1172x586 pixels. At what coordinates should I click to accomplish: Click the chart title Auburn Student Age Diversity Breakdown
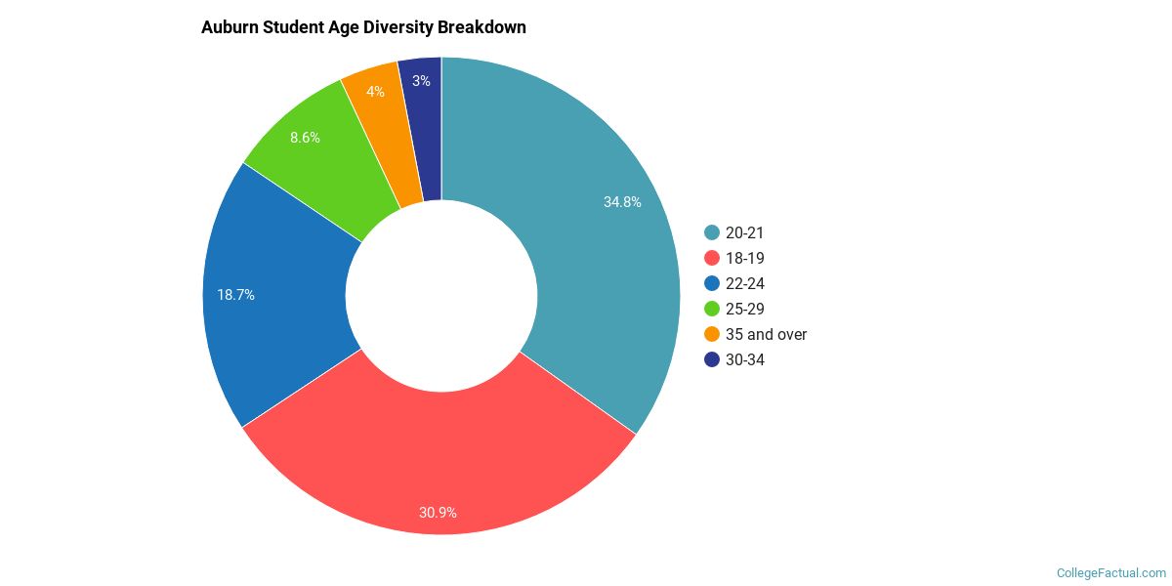[363, 27]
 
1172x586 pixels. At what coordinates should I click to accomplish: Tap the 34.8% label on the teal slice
[622, 202]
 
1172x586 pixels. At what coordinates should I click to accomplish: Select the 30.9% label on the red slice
[438, 512]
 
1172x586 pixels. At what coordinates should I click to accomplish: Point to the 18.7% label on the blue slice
[235, 294]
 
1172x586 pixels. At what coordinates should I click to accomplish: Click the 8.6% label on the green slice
[305, 138]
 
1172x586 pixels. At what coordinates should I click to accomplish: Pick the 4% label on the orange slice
[375, 92]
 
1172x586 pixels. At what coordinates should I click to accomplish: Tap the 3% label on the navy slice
[421, 81]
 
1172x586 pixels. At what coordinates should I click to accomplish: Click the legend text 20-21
[745, 232]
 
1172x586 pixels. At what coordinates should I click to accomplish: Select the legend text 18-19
[745, 258]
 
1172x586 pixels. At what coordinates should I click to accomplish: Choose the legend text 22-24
[745, 283]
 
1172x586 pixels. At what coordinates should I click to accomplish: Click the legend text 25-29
[745, 309]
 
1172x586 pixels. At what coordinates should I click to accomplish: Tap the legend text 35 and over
[767, 334]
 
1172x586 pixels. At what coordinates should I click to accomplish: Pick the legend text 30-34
[745, 359]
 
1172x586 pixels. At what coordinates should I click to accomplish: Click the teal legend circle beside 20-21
[712, 232]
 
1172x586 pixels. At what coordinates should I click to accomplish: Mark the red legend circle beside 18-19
[712, 258]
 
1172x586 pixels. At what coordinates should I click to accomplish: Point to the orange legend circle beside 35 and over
[712, 334]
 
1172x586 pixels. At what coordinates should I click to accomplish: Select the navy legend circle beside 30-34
[712, 359]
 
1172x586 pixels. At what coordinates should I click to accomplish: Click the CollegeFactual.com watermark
[1110, 573]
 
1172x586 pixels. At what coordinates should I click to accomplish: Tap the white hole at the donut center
[441, 295]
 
